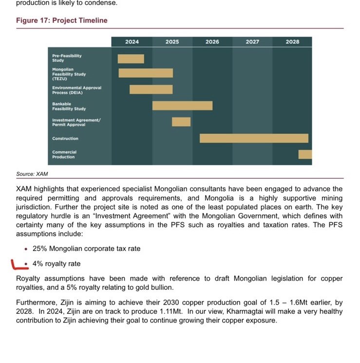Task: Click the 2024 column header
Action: click(x=132, y=42)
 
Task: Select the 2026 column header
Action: click(x=212, y=42)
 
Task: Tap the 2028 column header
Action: click(x=292, y=42)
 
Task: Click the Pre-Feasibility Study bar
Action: click(x=131, y=59)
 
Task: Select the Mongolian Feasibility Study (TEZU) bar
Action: click(x=146, y=73)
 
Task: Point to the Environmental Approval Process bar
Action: click(x=151, y=90)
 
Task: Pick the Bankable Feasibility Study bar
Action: click(x=182, y=106)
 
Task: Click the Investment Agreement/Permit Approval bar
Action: click(x=181, y=122)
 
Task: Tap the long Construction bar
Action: click(x=254, y=138)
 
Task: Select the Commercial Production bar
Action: click(x=305, y=154)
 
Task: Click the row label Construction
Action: click(x=65, y=139)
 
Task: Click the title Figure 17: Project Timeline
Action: click(x=62, y=20)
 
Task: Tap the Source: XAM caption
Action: click(x=32, y=174)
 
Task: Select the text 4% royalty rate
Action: click(x=57, y=264)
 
